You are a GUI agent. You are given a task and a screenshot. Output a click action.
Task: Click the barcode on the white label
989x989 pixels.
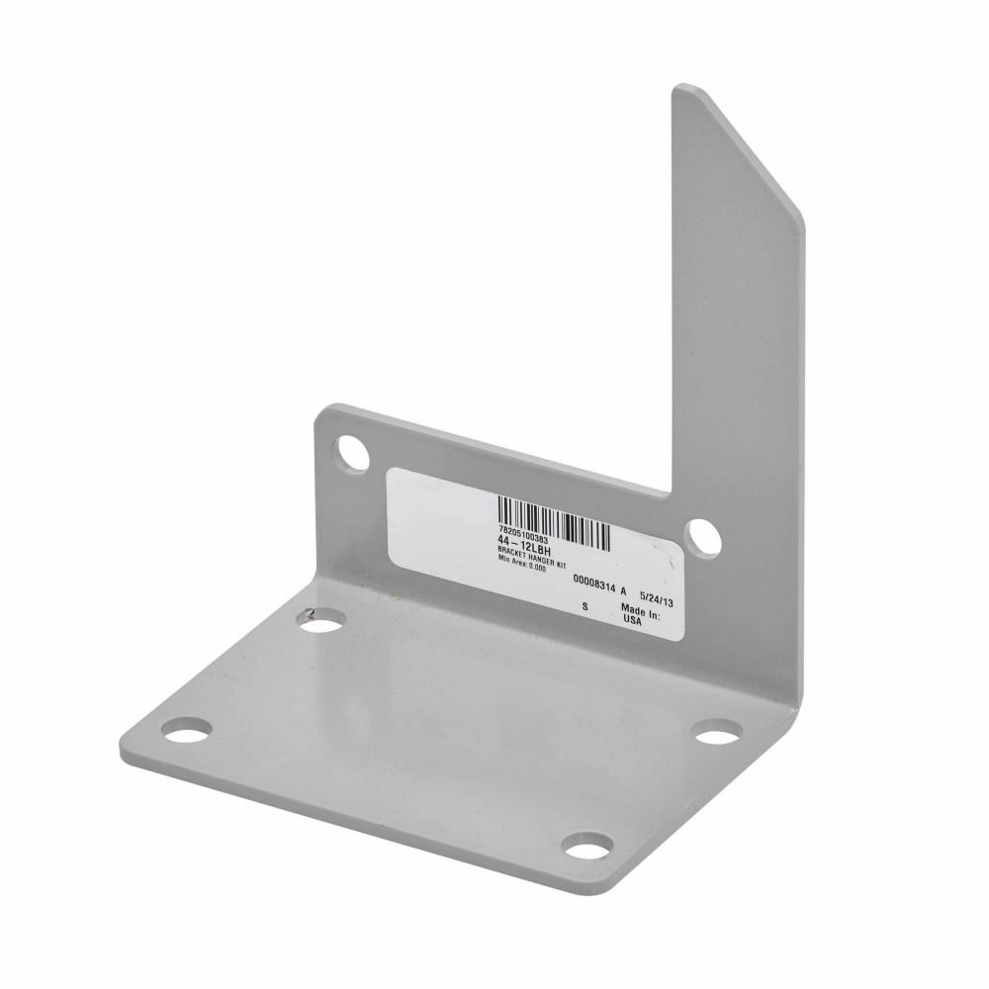click(553, 520)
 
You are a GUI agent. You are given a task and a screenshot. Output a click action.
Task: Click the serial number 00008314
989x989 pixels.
click(594, 585)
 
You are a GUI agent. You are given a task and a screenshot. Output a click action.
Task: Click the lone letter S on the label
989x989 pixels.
click(585, 605)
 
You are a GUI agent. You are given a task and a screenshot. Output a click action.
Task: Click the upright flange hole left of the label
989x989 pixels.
click(352, 452)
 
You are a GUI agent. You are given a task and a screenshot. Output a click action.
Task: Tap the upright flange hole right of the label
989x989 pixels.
click(702, 537)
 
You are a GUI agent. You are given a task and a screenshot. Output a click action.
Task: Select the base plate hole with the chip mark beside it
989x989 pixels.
click(322, 621)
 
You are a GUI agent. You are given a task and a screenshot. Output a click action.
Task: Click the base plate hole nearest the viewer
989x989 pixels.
click(587, 847)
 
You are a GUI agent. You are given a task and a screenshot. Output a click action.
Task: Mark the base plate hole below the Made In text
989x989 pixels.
click(717, 732)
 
